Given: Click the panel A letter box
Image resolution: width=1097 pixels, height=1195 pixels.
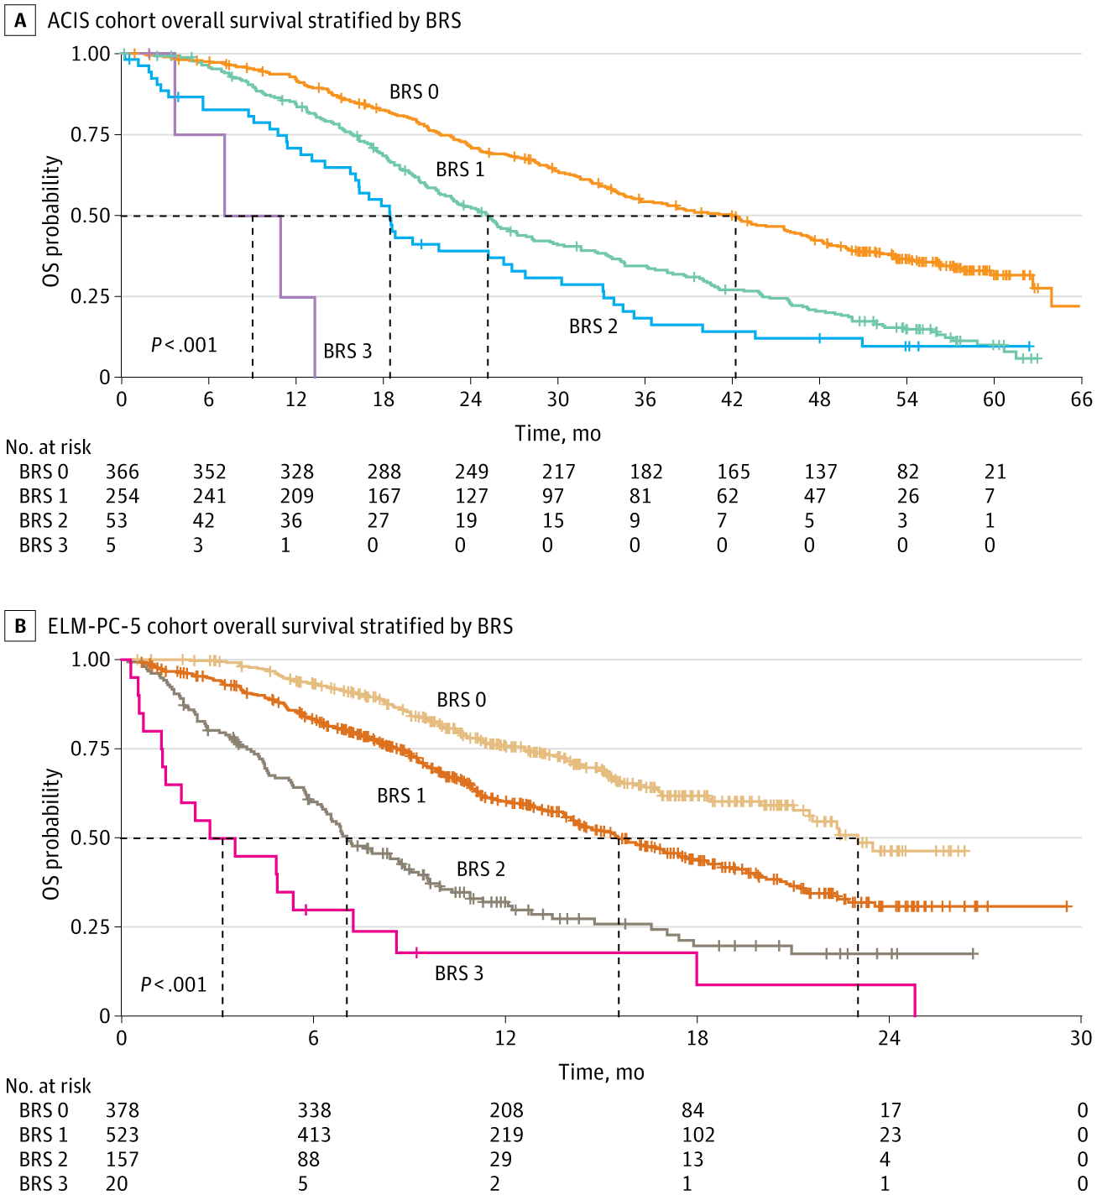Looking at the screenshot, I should coord(20,20).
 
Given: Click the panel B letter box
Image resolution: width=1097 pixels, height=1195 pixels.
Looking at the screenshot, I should coord(20,626).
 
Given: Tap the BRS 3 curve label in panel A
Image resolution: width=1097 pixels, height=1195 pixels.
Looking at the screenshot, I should coord(347,351).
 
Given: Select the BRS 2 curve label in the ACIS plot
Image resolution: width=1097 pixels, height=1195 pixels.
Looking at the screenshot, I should coord(593,326).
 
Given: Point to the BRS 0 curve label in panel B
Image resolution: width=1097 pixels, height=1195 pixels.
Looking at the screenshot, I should coord(461,700).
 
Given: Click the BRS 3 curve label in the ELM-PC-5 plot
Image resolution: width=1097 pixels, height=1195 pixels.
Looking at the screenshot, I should coord(458,973).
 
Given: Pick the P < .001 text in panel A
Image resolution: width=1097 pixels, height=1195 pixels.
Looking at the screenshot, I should coord(184,345).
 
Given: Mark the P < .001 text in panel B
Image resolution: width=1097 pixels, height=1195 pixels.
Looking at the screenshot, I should coord(173,984).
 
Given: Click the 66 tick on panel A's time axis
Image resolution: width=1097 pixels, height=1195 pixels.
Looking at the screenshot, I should coord(1081,399).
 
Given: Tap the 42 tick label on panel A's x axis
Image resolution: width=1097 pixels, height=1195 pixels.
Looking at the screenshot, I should coord(732,399).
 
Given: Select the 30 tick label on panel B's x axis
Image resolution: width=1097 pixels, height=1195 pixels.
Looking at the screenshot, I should coord(1081,1039).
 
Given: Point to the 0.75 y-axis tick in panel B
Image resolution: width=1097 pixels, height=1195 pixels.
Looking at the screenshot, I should coord(91,749).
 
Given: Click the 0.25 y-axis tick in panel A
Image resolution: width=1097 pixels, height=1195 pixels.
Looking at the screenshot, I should coord(91,296).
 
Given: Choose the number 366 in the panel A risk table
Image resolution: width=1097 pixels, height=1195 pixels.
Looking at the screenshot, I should coord(123,472).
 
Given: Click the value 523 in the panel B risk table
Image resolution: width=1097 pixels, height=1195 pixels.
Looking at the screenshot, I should coord(123,1135).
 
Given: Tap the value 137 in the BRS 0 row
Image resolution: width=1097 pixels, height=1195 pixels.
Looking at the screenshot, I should coord(820,472).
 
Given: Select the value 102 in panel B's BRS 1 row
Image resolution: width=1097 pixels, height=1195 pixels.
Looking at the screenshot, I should coord(698,1135).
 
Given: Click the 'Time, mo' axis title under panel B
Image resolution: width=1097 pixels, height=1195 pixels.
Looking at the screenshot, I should coord(601,1072).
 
